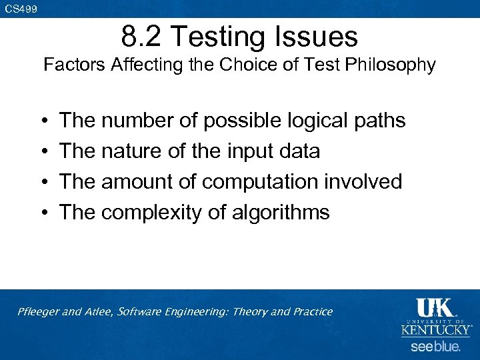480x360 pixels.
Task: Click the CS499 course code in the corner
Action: [x=21, y=9]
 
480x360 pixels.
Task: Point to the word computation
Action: [x=267, y=182]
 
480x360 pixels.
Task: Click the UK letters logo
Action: [x=435, y=307]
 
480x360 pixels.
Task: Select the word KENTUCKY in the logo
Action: [x=435, y=330]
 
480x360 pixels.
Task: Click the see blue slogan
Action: [x=435, y=347]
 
